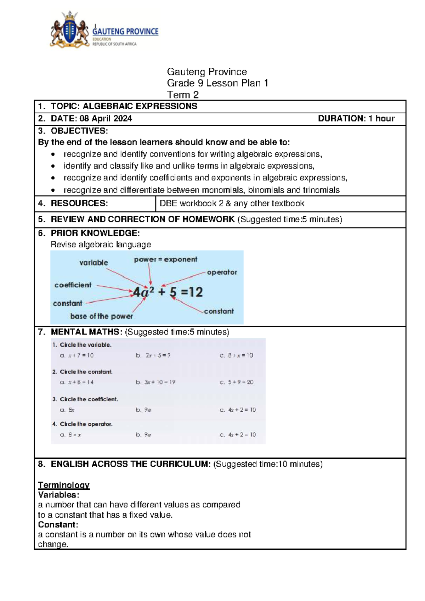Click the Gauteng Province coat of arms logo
pyautogui.click(x=70, y=30)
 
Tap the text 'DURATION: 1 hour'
pyautogui.click(x=356, y=119)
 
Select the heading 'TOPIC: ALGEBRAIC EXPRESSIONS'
pyautogui.click(x=124, y=106)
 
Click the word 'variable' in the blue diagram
pyautogui.click(x=93, y=263)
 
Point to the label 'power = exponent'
pyautogui.click(x=165, y=259)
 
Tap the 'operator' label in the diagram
pyautogui.click(x=222, y=272)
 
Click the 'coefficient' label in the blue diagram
pyautogui.click(x=73, y=285)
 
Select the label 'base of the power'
pyautogui.click(x=101, y=316)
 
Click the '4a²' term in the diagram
pyautogui.click(x=143, y=292)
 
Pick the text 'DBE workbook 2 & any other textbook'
pyautogui.click(x=232, y=203)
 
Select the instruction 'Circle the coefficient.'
pyautogui.click(x=89, y=399)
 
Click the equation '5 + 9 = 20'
pyautogui.click(x=240, y=382)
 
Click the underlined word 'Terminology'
pyautogui.click(x=64, y=485)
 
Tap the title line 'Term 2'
pyautogui.click(x=182, y=95)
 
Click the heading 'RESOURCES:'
pyautogui.click(x=79, y=203)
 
